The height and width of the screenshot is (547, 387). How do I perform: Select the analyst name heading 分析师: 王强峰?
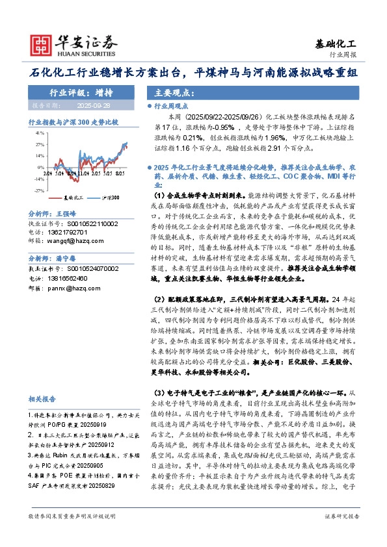[x=53, y=231]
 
